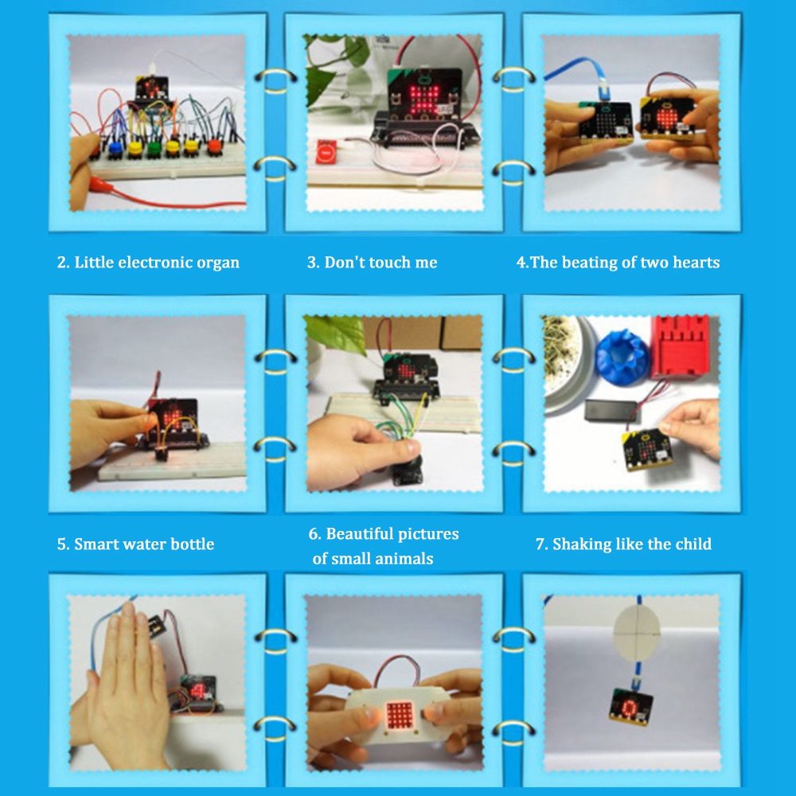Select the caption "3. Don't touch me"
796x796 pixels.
pos(372,263)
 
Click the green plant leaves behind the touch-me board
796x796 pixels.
pos(328,68)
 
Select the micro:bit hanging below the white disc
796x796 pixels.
pos(630,704)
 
